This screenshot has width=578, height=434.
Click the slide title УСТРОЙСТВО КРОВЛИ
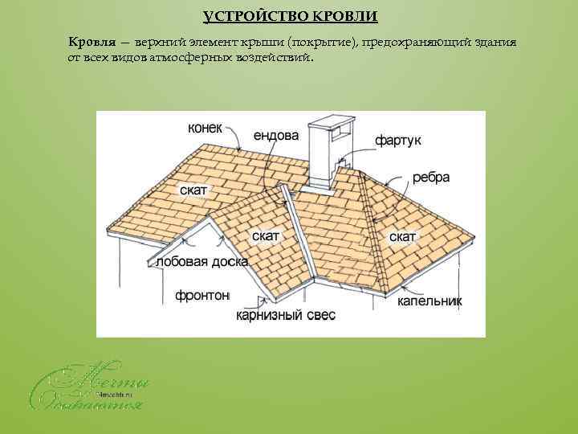289,16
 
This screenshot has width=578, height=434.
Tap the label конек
207,128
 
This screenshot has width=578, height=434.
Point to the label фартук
397,141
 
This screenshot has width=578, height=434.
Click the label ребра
430,178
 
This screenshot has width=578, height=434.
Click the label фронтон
202,295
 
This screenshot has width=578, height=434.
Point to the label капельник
429,302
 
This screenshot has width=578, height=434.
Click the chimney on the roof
329,157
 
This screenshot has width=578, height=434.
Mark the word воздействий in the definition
280,58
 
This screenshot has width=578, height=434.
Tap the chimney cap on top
330,124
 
